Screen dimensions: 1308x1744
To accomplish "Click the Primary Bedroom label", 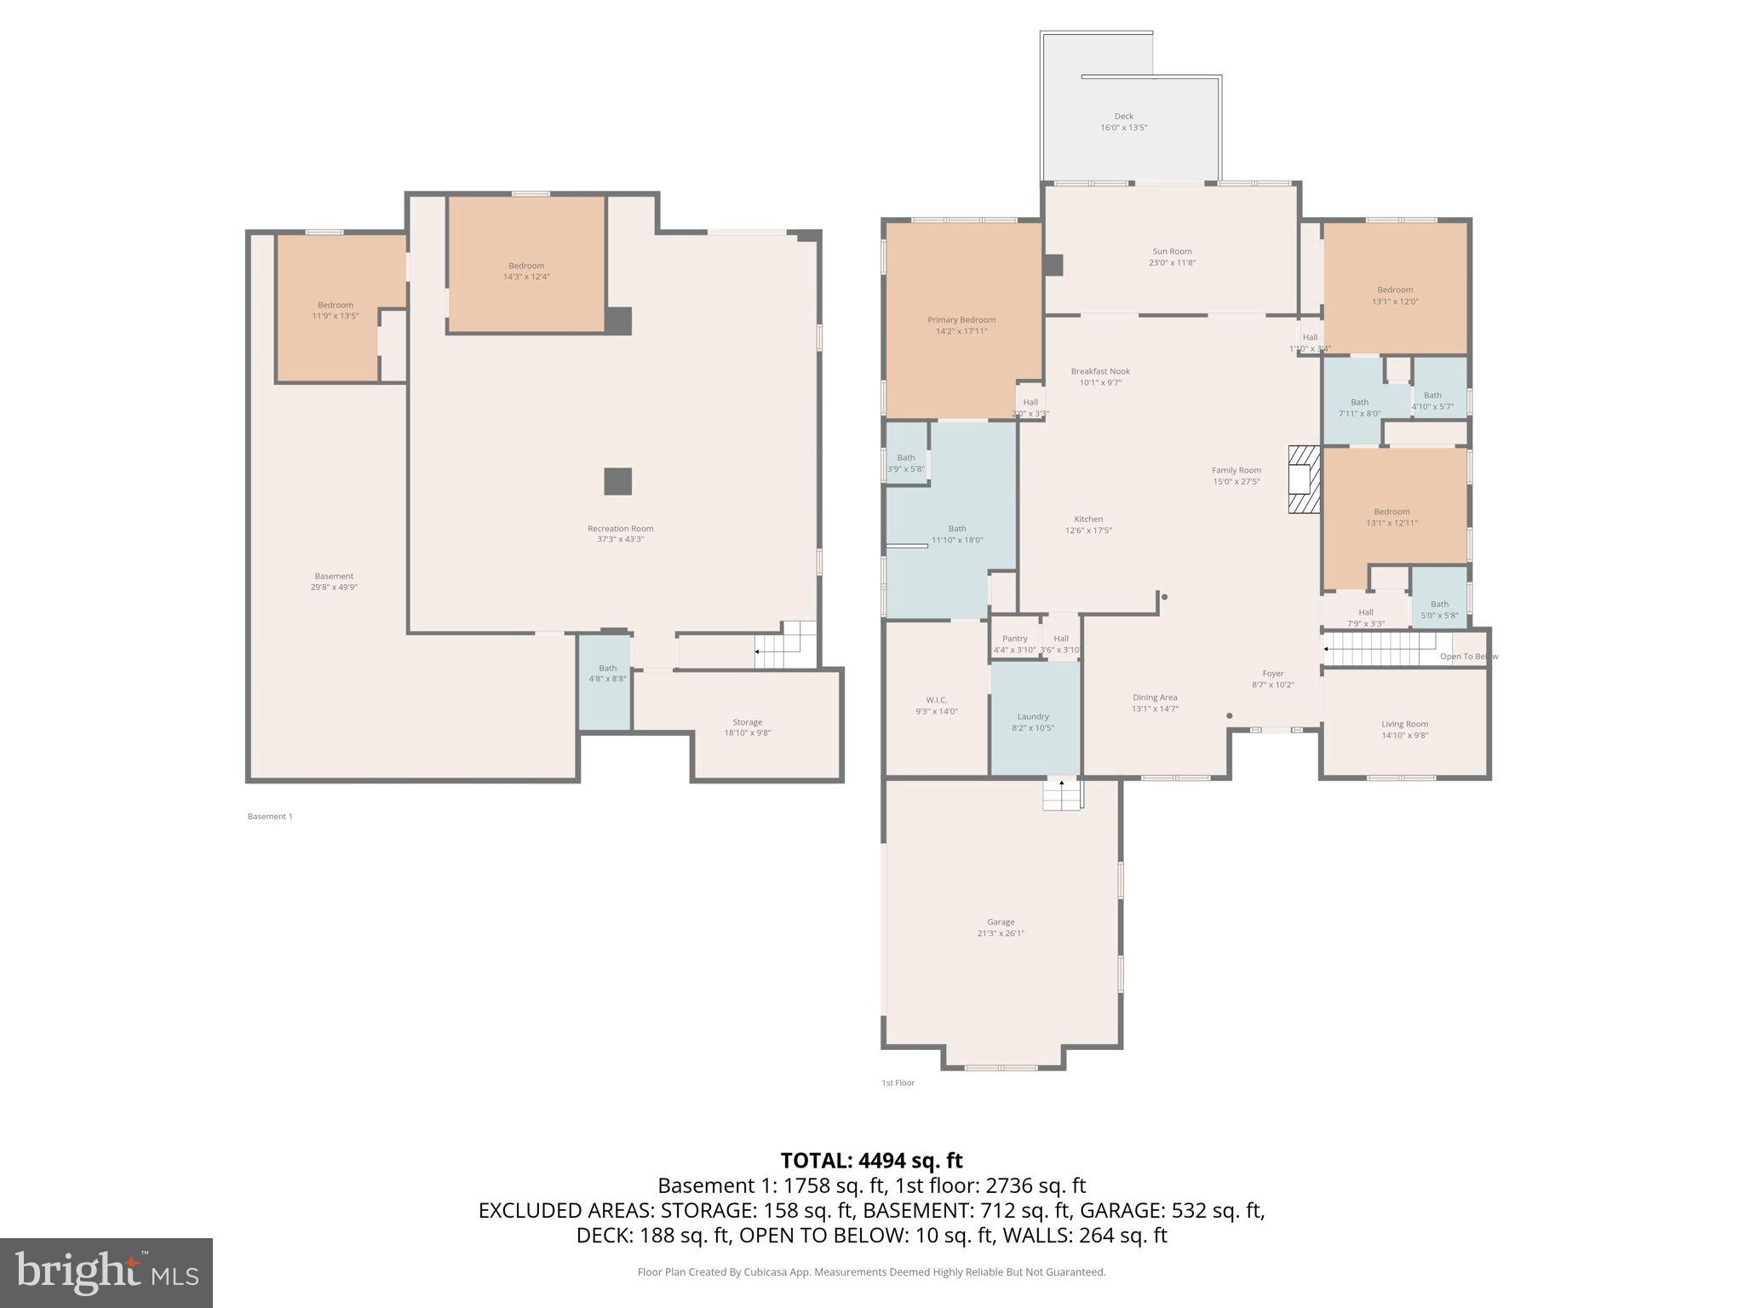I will (x=961, y=320).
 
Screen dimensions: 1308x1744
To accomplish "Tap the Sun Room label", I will (x=1172, y=251).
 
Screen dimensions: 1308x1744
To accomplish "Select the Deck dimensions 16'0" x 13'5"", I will (x=1124, y=128).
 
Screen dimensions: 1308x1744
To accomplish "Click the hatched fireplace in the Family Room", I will (x=1303, y=480).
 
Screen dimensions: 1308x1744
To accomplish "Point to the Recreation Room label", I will (x=620, y=529).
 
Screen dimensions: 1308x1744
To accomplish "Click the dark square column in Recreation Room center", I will (x=618, y=481).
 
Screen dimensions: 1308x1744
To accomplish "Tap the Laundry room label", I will (x=1033, y=717).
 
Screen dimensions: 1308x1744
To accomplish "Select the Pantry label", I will (x=1014, y=639).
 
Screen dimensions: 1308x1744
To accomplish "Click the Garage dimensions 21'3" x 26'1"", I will (x=1001, y=933).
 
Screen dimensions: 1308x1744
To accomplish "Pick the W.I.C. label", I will (x=937, y=700).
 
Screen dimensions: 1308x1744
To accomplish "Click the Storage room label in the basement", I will (x=748, y=722).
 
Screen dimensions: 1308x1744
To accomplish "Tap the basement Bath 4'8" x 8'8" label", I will (x=607, y=674).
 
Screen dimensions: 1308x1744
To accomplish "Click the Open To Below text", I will (x=1468, y=657).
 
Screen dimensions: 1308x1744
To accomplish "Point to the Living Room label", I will (x=1404, y=724).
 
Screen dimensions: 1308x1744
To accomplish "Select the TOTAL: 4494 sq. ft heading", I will (x=871, y=1161).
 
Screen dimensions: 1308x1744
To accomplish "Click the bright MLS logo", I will (x=106, y=1272).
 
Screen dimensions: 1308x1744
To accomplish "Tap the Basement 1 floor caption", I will (x=270, y=817).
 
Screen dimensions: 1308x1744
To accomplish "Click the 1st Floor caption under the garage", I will (x=898, y=1083).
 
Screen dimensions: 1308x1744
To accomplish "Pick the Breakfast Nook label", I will (x=1100, y=371).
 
